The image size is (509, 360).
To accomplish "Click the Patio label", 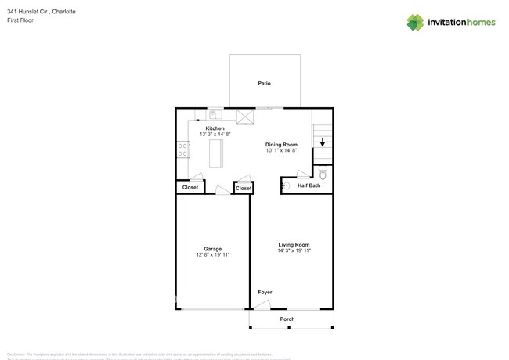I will coord(265,83).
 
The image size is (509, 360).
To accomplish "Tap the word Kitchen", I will coord(215,128).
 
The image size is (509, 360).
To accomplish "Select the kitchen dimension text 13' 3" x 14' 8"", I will coord(215,135).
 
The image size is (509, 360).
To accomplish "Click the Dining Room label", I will coord(281,145).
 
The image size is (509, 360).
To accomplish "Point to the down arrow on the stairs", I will coord(322,142).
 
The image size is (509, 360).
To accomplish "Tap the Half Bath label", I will coord(309,185).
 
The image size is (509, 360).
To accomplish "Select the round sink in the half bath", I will coord(286,185).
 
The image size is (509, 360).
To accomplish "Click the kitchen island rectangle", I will coord(216,153).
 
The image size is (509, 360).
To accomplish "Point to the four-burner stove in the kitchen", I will coord(183,149).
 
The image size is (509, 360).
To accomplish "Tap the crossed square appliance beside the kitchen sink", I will coord(246,117).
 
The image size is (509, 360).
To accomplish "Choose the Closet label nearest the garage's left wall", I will coord(190,188).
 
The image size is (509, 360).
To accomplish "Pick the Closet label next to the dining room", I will coord(244,189).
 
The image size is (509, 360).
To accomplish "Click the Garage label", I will coord(212,249).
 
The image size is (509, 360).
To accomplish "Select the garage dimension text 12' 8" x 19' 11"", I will coord(212,255).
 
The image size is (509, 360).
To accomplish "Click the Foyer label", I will coord(265,292).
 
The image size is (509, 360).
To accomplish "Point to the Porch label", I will coord(287,319).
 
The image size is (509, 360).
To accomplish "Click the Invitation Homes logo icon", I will coord(415,23).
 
